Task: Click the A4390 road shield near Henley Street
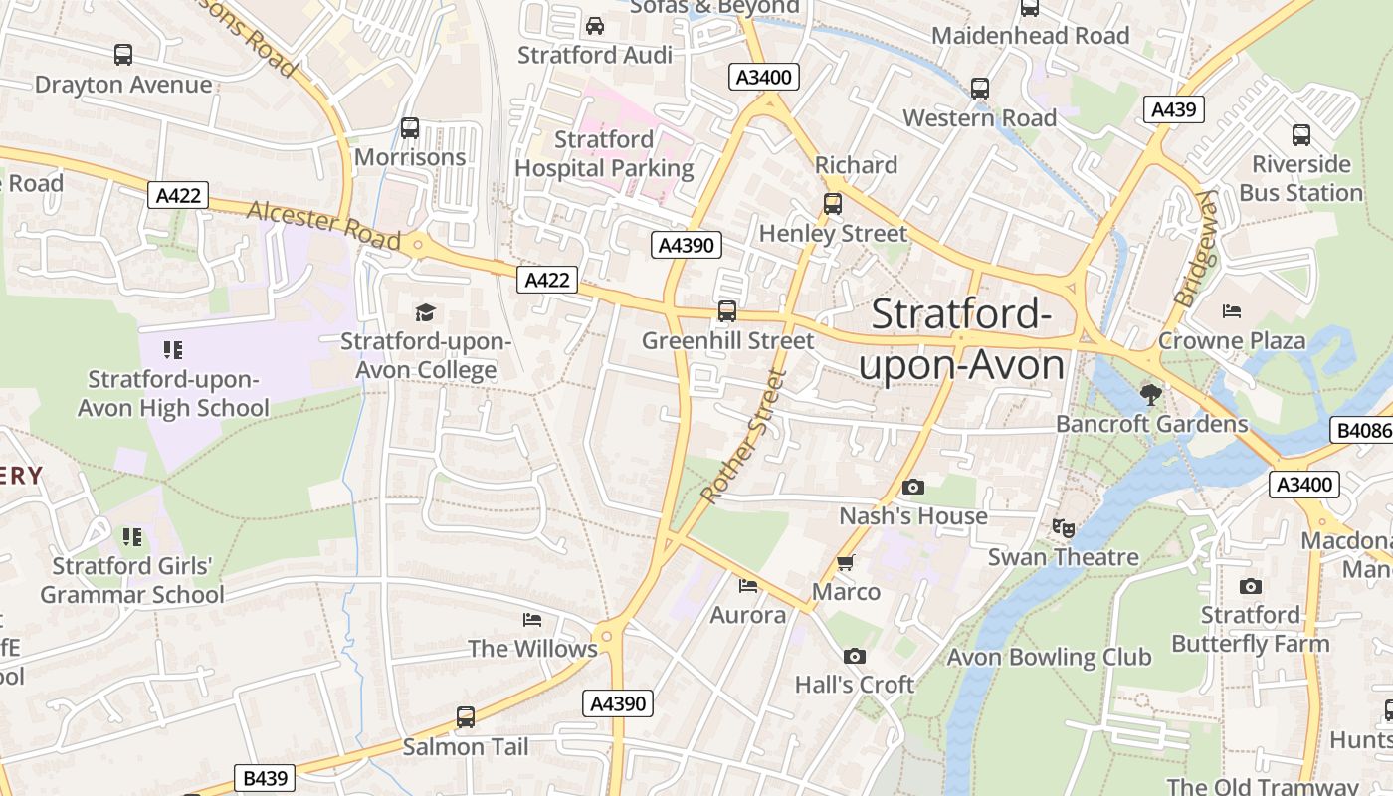(687, 244)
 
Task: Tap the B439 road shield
(265, 778)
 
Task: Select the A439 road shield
(1173, 109)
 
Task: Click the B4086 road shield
(1360, 430)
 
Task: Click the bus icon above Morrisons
(410, 128)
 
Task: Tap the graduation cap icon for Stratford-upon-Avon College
(426, 312)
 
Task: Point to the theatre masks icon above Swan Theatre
(1064, 527)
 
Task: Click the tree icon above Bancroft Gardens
(1150, 395)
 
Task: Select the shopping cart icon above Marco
(846, 563)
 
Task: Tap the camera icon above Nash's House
(912, 487)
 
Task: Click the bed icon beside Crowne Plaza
(1232, 311)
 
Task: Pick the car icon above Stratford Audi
(595, 26)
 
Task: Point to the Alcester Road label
(323, 226)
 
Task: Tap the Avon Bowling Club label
(1049, 657)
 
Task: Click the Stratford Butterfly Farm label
(1250, 629)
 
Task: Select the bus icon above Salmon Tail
(465, 716)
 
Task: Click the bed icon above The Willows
(532, 620)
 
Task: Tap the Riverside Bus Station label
(1300, 178)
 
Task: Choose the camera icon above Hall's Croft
(854, 656)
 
